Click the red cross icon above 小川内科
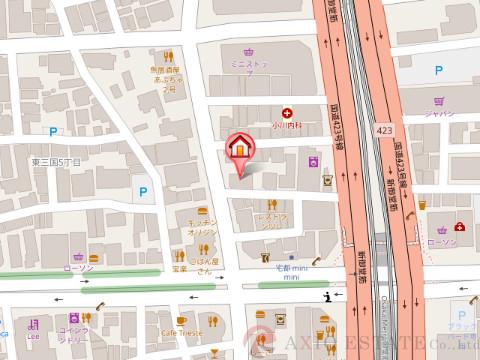(x=288, y=113)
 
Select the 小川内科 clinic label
(x=288, y=126)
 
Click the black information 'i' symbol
(x=327, y=295)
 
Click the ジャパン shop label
(x=439, y=113)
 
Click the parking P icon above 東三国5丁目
(x=52, y=129)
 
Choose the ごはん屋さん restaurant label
(x=204, y=263)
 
